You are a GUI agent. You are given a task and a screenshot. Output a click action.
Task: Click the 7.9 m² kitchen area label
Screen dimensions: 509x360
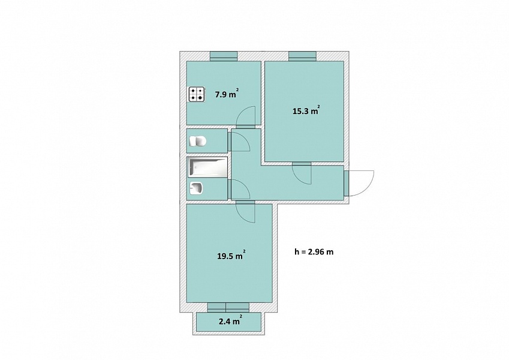pos(227,94)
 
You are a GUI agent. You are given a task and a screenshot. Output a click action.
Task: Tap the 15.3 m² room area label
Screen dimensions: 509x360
pos(306,111)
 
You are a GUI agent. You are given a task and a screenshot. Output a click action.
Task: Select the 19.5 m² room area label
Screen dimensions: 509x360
pos(231,256)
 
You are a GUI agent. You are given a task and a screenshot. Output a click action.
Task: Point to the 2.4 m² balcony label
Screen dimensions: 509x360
pos(230,321)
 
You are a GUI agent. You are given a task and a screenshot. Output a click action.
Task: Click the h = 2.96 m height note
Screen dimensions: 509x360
pos(314,252)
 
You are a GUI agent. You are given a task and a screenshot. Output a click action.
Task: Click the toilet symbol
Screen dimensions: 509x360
pos(198,142)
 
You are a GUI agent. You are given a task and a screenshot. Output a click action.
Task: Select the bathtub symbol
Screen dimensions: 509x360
pos(207,167)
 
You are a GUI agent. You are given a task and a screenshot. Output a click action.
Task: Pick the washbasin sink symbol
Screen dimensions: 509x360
pos(195,188)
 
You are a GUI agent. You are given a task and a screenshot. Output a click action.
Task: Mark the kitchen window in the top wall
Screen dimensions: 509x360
pos(224,56)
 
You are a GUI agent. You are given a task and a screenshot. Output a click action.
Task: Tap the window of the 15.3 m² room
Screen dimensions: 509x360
pos(303,56)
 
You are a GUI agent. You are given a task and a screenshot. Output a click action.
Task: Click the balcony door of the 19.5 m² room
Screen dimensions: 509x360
pos(228,307)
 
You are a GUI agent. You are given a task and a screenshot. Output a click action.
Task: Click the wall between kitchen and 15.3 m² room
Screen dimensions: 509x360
pos(263,94)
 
